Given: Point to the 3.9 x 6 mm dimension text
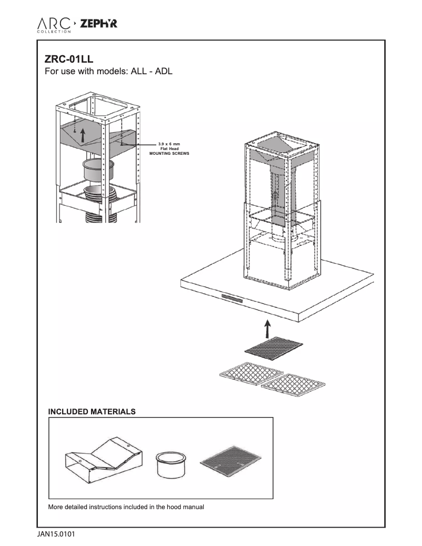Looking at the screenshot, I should tap(169, 144).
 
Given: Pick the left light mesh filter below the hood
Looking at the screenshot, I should tap(245, 374).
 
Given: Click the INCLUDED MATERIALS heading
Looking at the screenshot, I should tap(92, 411).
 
